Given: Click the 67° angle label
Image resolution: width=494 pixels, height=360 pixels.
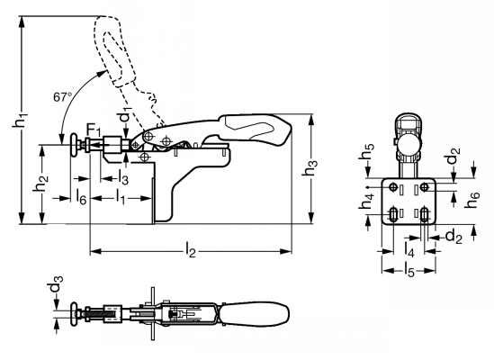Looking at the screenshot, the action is (x=63, y=97).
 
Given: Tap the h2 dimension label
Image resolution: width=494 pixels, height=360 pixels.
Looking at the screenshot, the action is (x=41, y=184).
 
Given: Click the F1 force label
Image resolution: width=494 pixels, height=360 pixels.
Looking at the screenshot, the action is (x=94, y=130).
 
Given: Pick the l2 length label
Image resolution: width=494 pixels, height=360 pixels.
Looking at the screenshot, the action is (x=190, y=250).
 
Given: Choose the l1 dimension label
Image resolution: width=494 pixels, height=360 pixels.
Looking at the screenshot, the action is (x=121, y=197).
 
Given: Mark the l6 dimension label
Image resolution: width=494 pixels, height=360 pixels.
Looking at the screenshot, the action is (x=81, y=198).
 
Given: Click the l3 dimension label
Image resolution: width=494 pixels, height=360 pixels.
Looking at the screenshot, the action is (x=123, y=177).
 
